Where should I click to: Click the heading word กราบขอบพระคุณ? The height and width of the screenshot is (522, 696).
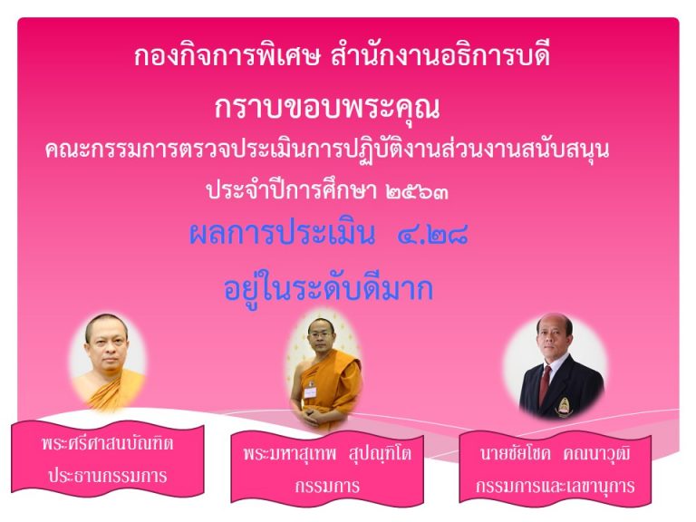click(x=327, y=108)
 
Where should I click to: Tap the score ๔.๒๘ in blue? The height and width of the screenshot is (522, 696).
click(x=433, y=234)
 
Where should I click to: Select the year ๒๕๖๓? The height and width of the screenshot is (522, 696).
click(x=417, y=192)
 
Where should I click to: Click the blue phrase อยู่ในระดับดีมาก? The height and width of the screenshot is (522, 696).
click(x=328, y=288)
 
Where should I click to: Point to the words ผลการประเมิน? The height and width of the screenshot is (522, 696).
click(x=283, y=234)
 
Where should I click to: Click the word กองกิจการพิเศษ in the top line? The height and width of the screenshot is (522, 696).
click(x=227, y=56)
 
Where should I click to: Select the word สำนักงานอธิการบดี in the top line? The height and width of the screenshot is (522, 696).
click(x=440, y=55)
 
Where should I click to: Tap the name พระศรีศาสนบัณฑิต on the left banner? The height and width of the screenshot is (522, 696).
click(x=108, y=443)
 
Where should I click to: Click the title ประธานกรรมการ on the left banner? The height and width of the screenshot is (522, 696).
click(x=108, y=476)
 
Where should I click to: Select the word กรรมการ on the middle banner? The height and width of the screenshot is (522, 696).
click(x=327, y=486)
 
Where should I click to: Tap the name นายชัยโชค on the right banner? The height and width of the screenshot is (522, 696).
click(x=515, y=453)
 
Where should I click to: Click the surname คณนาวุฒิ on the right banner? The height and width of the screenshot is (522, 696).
click(x=596, y=453)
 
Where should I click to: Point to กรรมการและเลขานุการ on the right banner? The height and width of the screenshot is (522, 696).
click(x=555, y=486)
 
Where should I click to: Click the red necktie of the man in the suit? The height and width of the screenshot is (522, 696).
click(x=545, y=385)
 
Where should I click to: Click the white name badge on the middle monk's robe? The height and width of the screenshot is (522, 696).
click(x=310, y=391)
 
